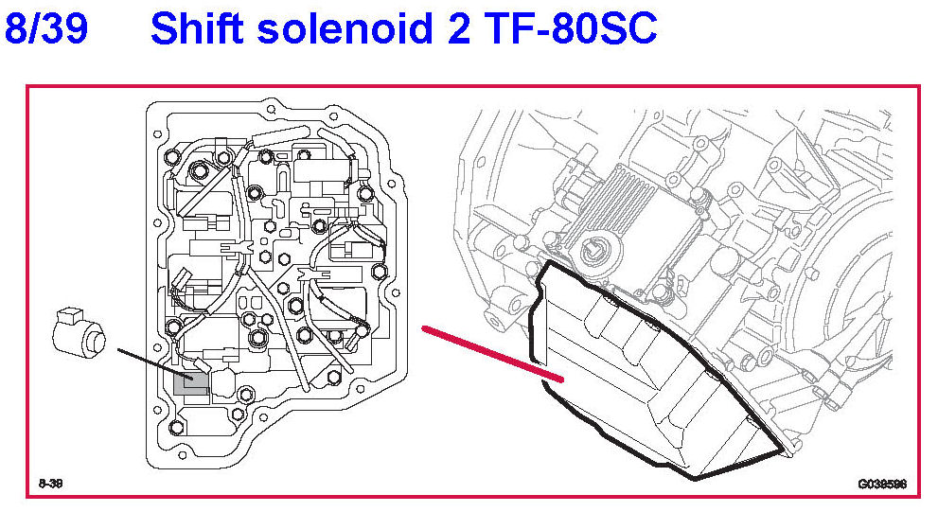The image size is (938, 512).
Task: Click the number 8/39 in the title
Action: (x=46, y=30)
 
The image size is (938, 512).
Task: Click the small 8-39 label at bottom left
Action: (x=50, y=484)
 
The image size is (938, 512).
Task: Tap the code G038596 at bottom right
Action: (x=881, y=484)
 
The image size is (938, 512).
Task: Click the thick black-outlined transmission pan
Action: (x=653, y=379)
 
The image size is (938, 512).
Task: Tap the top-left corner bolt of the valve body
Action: (x=172, y=156)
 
